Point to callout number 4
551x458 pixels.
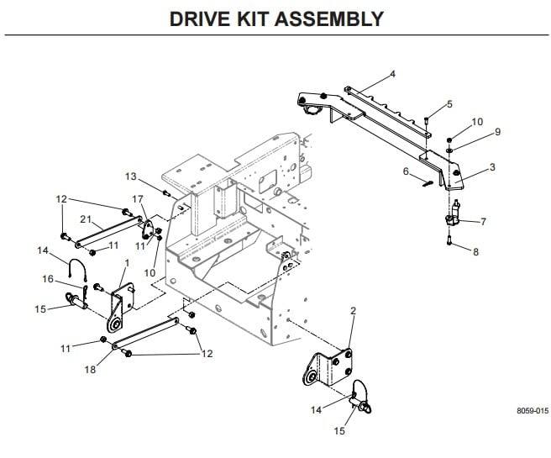point(392,74)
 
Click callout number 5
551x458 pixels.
point(449,104)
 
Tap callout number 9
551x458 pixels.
point(497,132)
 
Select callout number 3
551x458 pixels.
point(492,167)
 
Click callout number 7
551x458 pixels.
point(484,222)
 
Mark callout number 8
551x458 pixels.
point(477,252)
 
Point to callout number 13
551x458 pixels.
point(130,176)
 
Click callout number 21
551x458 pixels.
point(86,219)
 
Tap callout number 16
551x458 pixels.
point(48,279)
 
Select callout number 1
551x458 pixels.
point(125,263)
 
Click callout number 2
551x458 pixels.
point(353,311)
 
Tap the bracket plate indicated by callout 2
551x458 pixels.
point(333,368)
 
